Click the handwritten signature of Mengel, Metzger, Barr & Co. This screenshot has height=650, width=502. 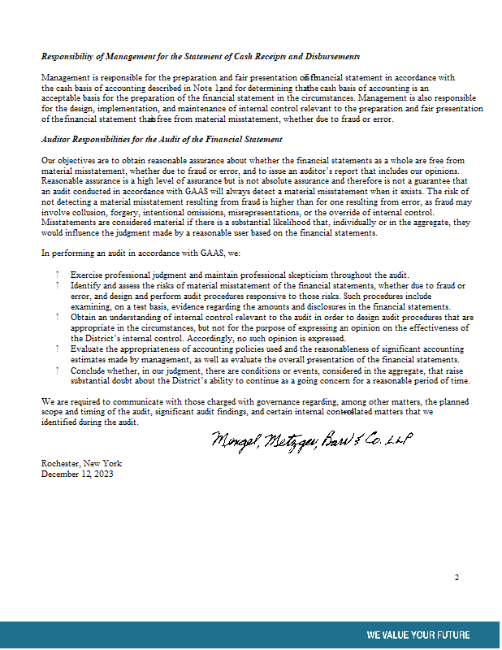point(313,440)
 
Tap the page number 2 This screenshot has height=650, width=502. point(457,578)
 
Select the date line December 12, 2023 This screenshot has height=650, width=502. point(78,474)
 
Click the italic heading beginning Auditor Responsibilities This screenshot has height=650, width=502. point(162,140)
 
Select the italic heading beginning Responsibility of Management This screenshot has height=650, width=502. point(201,56)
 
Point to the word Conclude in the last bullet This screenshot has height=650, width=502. point(89,370)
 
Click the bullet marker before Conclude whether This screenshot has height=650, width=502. point(58,370)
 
